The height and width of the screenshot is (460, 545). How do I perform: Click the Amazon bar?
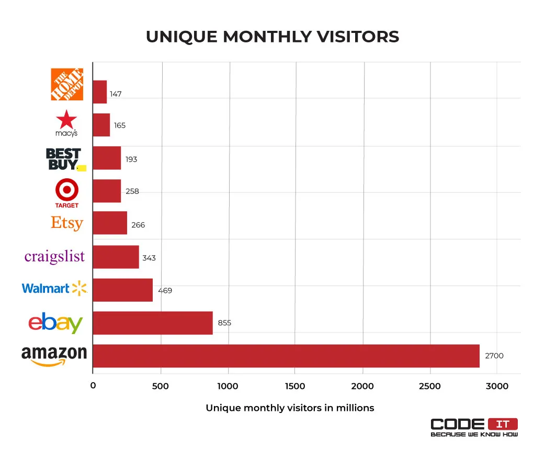[286, 356]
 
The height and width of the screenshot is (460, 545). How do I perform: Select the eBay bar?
[153, 323]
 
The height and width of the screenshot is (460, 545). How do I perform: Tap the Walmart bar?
[123, 290]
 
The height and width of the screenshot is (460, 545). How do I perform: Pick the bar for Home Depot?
[100, 92]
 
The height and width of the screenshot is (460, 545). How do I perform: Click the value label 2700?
[494, 356]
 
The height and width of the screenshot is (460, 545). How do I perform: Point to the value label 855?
[224, 323]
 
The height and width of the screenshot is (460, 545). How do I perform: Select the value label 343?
[149, 258]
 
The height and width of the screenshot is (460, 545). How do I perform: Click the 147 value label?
[116, 94]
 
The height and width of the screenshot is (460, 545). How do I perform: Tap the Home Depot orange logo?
[66, 84]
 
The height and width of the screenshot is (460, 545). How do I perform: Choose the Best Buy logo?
[64, 159]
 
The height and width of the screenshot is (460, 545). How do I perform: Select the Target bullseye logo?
[67, 189]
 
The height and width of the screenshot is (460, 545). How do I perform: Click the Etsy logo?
[67, 223]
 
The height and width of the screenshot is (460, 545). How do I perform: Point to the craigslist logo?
[54, 257]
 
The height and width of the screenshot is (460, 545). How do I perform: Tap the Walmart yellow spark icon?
[80, 287]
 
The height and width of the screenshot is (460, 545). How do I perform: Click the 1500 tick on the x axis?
[295, 386]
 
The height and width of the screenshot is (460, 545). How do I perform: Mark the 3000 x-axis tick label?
[497, 386]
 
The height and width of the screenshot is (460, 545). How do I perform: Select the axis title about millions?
[290, 408]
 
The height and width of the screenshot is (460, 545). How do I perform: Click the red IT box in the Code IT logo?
[503, 424]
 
